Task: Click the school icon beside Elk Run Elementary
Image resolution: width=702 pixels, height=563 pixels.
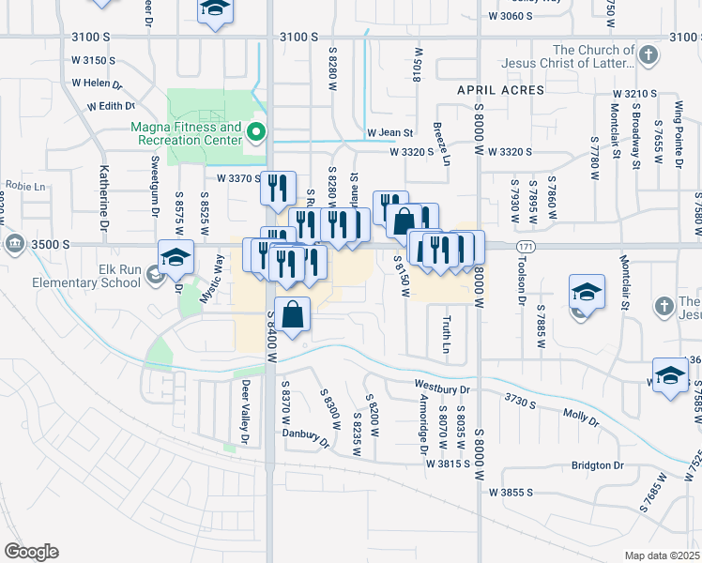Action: tap(175, 257)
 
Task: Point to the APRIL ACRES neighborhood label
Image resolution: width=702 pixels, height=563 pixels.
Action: tap(500, 90)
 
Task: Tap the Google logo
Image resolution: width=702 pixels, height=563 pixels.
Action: tap(31, 552)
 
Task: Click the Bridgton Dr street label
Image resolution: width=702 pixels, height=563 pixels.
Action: tap(597, 465)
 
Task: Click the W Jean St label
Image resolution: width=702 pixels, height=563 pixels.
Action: tap(390, 133)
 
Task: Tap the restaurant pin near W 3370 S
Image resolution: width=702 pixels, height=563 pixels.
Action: tap(278, 187)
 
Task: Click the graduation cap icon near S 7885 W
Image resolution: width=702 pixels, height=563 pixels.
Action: tap(587, 293)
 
